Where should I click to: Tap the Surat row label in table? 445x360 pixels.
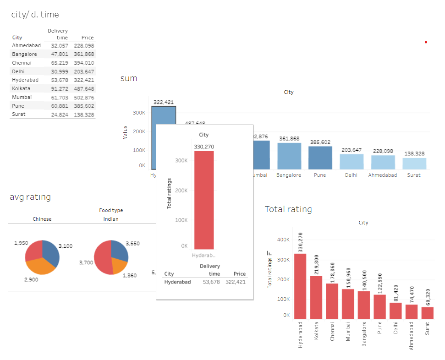[19, 114]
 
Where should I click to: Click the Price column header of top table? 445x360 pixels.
[87, 38]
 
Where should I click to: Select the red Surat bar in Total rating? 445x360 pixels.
[427, 313]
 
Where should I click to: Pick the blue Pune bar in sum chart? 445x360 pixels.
[320, 158]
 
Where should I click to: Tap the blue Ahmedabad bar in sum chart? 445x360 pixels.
[383, 162]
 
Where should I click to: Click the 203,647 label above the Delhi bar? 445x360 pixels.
[351, 150]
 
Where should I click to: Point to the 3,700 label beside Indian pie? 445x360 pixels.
[86, 262]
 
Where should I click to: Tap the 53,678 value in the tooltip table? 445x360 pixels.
[211, 282]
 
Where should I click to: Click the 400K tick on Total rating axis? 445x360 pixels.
[284, 240]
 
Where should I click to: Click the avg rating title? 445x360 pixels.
[30, 197]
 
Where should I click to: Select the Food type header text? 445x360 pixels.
[111, 210]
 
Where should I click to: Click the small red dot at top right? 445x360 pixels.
[426, 42]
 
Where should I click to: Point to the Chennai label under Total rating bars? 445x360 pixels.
[332, 331]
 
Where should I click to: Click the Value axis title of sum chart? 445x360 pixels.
[126, 132]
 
